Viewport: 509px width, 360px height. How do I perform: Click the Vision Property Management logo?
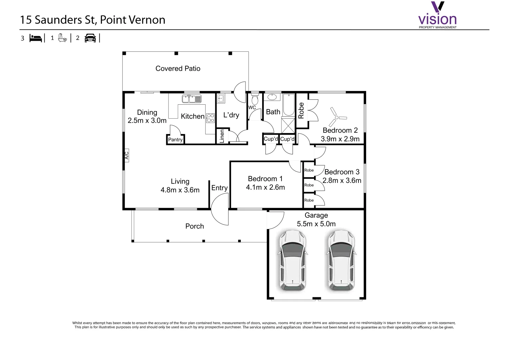point(437,16)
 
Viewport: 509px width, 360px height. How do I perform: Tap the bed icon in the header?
point(36,38)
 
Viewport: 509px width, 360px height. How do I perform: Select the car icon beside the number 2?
point(90,38)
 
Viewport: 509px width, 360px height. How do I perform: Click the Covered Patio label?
point(178,69)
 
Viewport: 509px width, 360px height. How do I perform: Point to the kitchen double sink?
point(192,99)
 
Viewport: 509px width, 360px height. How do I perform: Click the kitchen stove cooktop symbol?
point(210,118)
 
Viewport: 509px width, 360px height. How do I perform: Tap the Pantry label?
point(175,140)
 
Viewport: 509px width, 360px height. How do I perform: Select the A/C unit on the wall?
point(127,156)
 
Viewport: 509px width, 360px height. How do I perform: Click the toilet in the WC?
point(255,100)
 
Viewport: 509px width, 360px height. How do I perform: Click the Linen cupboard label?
point(222,136)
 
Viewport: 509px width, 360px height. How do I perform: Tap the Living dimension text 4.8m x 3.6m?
point(180,190)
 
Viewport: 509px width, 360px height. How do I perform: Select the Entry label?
point(219,188)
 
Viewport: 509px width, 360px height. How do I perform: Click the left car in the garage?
point(292,260)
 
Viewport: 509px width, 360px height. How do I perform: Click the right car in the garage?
point(340,260)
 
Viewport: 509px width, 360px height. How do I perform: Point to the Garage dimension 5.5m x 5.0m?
point(316,224)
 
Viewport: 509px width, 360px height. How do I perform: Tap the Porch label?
point(195,226)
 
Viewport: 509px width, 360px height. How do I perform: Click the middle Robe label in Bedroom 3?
point(309,185)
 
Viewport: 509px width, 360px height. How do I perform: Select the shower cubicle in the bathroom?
point(288,125)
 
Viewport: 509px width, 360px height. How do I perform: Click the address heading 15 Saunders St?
point(93,20)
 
